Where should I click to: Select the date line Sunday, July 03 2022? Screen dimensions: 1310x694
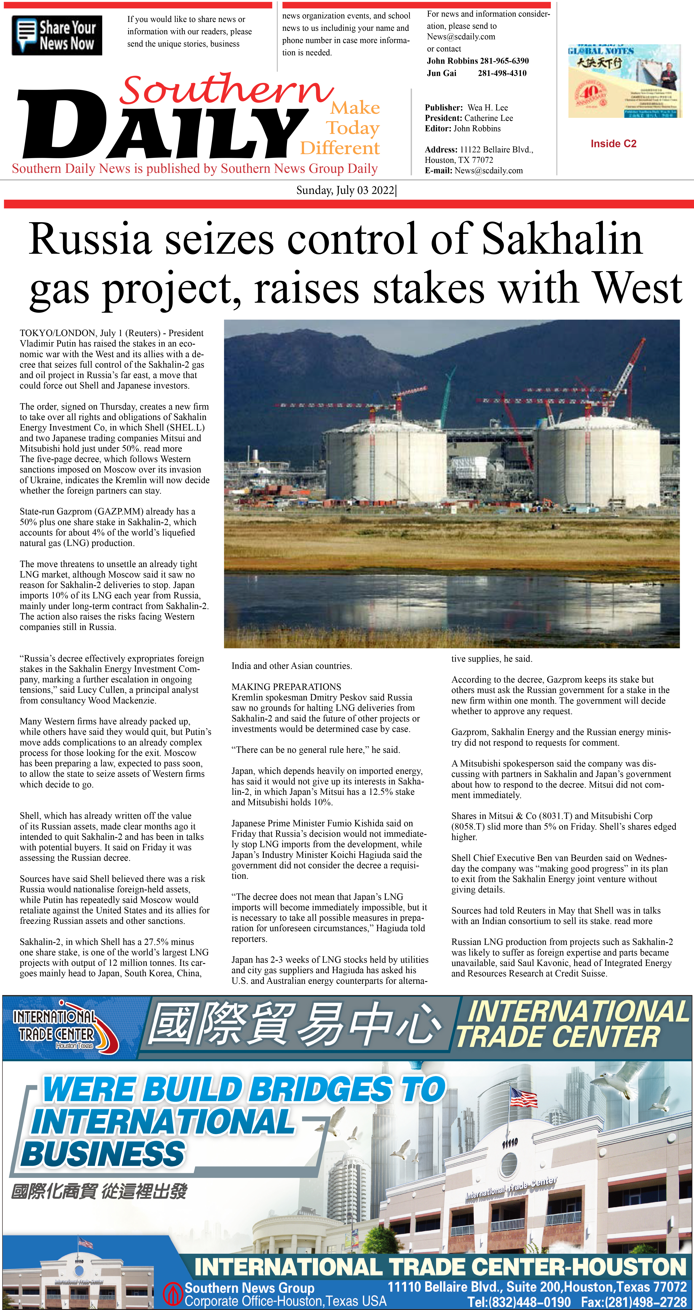pyautogui.click(x=346, y=190)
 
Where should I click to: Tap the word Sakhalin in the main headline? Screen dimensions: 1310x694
pyautogui.click(x=562, y=239)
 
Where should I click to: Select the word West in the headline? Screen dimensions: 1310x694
pyautogui.click(x=638, y=288)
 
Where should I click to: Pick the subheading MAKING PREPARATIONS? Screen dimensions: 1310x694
pyautogui.click(x=286, y=686)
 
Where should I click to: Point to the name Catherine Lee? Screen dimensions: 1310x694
pyautogui.click(x=489, y=118)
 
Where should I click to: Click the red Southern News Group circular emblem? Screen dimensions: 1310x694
pyautogui.click(x=172, y=1293)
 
